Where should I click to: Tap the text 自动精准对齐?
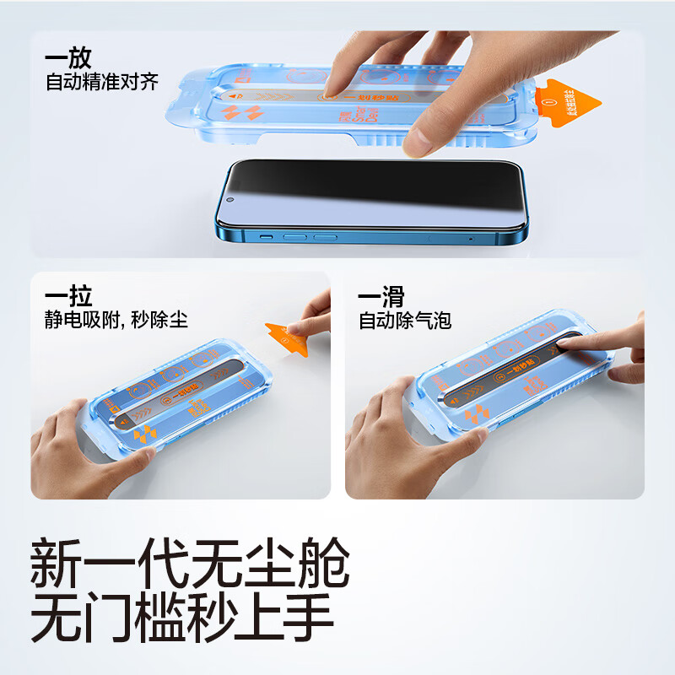pos(102,84)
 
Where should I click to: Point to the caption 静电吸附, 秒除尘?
pos(116,321)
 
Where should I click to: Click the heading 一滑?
pos(381,296)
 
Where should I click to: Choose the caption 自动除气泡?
pos(405,321)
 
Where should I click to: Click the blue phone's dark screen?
pos(380,194)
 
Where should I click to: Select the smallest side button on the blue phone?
pos(265,237)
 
